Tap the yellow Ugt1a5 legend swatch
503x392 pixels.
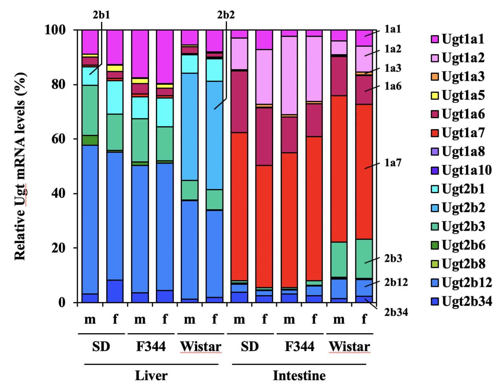pos(435,95)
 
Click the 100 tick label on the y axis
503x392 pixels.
pos(55,30)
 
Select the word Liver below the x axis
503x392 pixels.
pos(151,376)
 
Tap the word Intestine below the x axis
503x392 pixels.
pos(299,376)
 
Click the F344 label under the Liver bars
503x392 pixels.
pos(151,346)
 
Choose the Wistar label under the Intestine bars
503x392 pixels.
pos(349,346)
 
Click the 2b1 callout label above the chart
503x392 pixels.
pos(101,15)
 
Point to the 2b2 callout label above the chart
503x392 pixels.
pos(226,15)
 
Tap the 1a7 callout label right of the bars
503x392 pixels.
pos(393,162)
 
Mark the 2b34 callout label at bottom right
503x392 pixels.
pos(396,312)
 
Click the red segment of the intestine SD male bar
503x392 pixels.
pos(239,206)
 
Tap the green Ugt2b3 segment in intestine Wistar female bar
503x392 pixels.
pos(364,258)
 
